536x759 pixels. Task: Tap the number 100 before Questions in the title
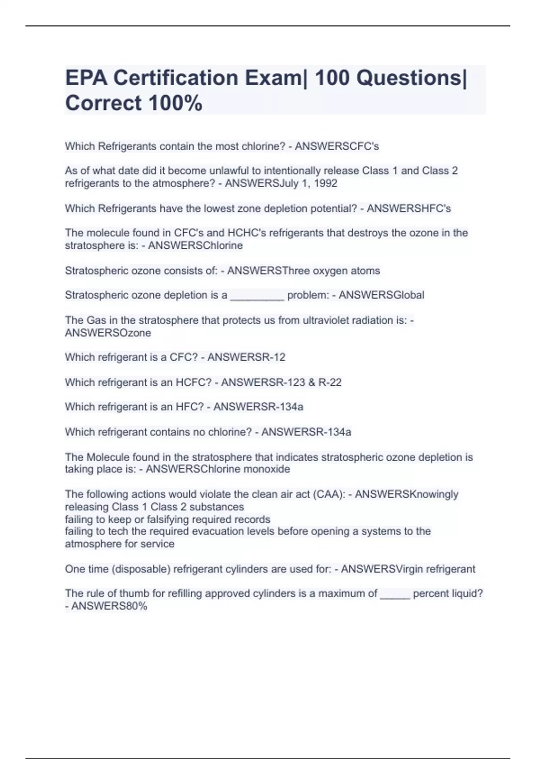[x=332, y=78]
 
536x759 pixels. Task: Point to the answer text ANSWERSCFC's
[x=337, y=146]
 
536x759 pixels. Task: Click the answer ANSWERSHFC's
[x=409, y=209]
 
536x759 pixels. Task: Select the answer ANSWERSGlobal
[x=381, y=295]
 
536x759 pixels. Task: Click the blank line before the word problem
[x=257, y=296]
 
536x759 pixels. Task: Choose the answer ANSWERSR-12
[x=246, y=357]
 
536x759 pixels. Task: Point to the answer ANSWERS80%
[x=109, y=606]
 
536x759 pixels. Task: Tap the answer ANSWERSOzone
[x=108, y=333]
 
